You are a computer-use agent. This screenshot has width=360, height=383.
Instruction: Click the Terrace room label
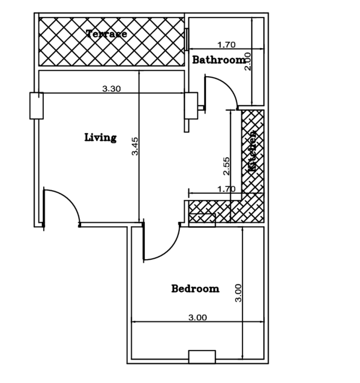[x=107, y=34]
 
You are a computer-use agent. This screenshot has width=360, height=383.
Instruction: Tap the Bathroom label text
[x=219, y=60]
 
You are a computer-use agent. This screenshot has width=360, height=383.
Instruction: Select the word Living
[x=100, y=137]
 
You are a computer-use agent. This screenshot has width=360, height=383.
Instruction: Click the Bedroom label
[x=195, y=289]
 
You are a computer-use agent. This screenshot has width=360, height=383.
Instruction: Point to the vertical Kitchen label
[x=253, y=151]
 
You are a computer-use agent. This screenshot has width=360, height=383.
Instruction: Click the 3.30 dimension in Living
[x=111, y=89]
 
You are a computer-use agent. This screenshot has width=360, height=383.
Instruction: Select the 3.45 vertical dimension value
[x=135, y=146]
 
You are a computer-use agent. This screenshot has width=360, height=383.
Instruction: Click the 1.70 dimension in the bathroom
[x=226, y=45]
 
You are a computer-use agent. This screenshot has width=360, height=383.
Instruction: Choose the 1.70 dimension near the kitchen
[x=226, y=189]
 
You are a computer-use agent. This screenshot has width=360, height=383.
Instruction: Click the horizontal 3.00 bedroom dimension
[x=197, y=318]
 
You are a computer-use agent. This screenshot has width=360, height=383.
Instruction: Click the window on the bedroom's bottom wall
[x=202, y=356]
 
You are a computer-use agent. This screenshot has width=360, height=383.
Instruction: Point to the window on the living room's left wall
[x=36, y=105]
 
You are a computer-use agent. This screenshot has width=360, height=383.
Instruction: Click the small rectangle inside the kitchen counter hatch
[x=202, y=220]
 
